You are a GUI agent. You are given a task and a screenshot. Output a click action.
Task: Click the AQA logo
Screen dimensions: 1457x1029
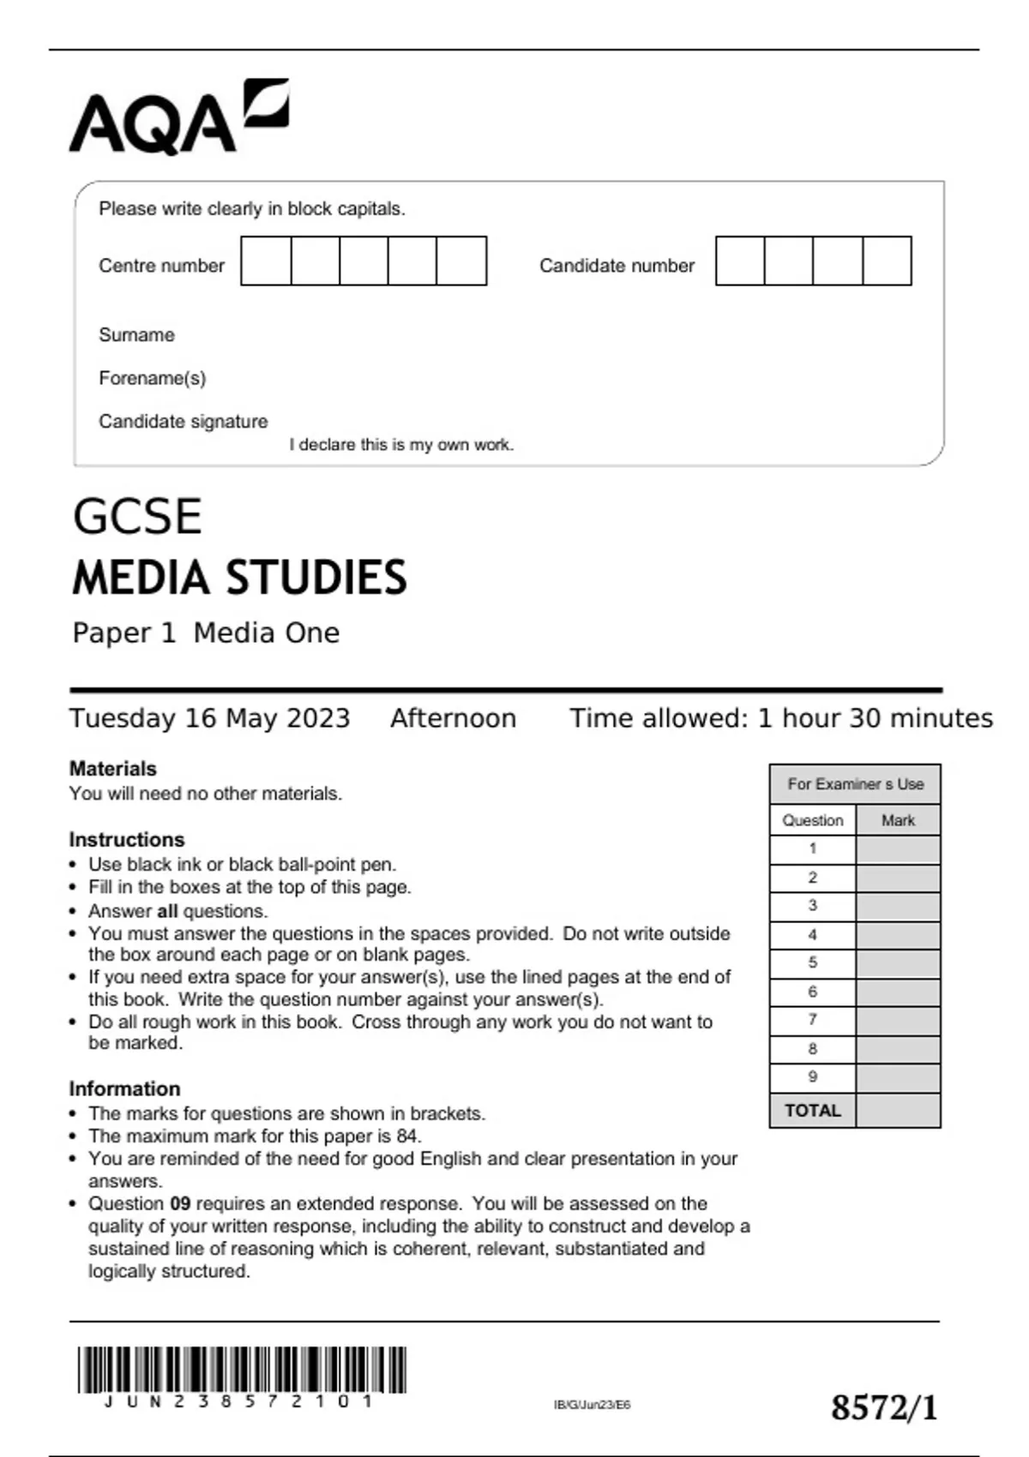pos(178,117)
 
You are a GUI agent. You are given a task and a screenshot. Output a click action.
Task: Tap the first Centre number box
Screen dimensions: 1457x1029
pos(266,261)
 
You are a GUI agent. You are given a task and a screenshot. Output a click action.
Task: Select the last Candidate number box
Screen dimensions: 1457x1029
pos(887,261)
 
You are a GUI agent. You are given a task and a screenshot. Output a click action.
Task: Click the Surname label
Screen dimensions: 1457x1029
pos(136,335)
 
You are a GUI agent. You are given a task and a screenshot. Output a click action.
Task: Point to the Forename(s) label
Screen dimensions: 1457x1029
pos(152,378)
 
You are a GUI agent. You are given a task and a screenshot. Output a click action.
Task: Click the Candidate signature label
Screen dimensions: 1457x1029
pos(183,422)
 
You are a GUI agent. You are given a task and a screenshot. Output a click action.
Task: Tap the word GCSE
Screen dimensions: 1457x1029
pos(137,517)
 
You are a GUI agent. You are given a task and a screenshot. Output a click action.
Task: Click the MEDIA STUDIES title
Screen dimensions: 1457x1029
pos(239,578)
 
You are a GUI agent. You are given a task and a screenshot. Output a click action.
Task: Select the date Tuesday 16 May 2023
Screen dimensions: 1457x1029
pos(209,718)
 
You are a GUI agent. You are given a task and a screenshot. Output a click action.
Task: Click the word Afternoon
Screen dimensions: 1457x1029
pos(453,718)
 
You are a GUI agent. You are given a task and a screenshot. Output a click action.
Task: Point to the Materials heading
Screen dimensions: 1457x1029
pos(112,769)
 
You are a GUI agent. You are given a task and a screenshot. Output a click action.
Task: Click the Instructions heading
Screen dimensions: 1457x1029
pos(126,840)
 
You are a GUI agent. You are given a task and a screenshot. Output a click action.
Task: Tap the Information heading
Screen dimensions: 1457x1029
pos(124,1088)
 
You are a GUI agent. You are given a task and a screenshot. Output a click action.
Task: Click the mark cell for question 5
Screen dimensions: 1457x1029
pos(897,963)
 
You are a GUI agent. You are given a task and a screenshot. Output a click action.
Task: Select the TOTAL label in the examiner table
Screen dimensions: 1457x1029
pos(812,1111)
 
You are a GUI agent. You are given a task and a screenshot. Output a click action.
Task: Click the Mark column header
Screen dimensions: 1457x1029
pos(897,820)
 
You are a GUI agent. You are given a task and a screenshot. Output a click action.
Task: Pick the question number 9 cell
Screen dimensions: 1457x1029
pos(812,1077)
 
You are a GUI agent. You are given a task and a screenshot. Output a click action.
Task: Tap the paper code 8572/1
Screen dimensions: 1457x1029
pos(884,1408)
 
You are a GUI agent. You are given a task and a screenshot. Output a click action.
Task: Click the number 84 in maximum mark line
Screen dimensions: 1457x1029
pos(407,1136)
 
